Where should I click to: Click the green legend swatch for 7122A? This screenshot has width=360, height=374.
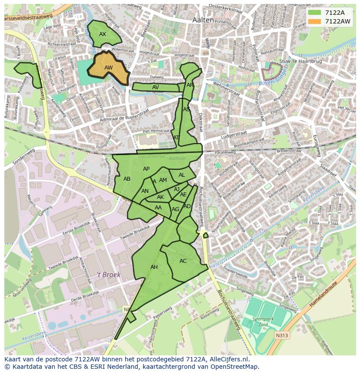[314, 12]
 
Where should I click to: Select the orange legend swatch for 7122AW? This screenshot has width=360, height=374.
[314, 21]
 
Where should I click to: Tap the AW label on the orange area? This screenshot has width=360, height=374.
[108, 68]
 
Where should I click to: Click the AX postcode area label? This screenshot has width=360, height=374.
[103, 34]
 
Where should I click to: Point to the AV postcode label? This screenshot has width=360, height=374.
[156, 87]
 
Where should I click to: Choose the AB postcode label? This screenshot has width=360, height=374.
[127, 179]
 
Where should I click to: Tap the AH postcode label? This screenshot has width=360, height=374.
[154, 267]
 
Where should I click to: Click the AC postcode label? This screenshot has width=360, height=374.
[183, 261]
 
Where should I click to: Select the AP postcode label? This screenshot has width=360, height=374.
[146, 169]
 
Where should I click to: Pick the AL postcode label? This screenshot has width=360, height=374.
[182, 175]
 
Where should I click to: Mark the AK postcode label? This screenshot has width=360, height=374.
[160, 197]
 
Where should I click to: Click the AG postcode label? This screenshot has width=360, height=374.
[175, 209]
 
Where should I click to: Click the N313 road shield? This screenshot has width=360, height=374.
[281, 335]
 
